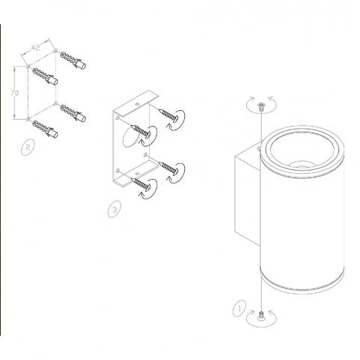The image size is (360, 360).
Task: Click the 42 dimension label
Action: (35, 47)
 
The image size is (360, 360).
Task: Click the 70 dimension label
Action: (14, 93)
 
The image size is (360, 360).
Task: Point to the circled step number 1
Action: (240, 308)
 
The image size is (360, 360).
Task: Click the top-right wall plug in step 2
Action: (73, 61)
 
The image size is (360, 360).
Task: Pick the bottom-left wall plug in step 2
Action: (46, 129)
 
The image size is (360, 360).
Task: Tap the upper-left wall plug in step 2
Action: (45, 76)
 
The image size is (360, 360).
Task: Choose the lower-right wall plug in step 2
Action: (73, 113)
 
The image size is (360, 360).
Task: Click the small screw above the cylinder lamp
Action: (261, 107)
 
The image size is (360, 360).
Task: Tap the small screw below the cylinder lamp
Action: (261, 315)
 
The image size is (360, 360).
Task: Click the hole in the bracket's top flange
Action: (137, 103)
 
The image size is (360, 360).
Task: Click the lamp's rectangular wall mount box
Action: (248, 193)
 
